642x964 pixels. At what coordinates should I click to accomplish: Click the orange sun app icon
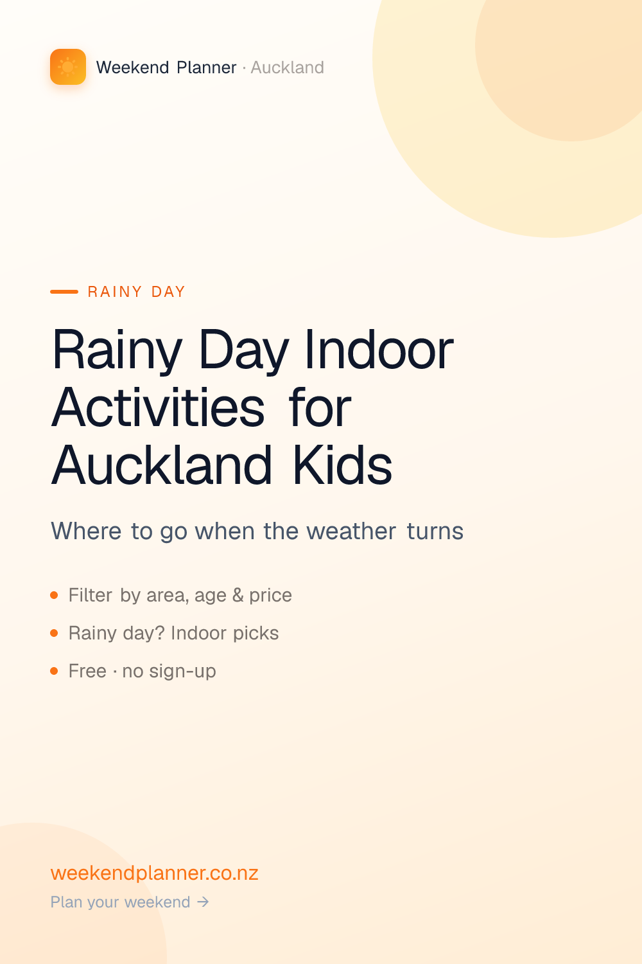[68, 67]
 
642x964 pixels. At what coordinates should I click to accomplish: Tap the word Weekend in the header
[132, 67]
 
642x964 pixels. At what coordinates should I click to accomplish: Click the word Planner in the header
[207, 67]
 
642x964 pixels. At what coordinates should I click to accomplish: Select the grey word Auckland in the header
[287, 67]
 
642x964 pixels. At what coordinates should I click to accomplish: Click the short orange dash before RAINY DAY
[64, 292]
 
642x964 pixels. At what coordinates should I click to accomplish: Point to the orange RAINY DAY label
[136, 292]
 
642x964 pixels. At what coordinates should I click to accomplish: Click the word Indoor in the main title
[379, 350]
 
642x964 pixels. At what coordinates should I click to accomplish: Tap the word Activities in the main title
[158, 407]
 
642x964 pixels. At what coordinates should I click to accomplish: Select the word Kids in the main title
[342, 465]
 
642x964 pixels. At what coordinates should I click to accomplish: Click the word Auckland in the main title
[162, 465]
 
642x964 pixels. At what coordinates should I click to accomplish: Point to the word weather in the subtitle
[351, 531]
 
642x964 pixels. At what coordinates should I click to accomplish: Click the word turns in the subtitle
[435, 531]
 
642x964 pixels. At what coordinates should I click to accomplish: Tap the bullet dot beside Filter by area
[54, 595]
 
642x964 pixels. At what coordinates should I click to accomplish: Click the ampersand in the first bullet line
[238, 595]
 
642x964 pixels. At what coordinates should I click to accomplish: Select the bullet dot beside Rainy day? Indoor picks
[54, 633]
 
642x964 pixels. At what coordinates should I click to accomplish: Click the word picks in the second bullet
[256, 634]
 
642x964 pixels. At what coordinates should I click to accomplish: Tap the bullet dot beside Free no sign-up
[54, 671]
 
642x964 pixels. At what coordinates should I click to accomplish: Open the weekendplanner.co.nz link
[154, 873]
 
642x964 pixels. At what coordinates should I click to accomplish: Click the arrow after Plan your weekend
[203, 902]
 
